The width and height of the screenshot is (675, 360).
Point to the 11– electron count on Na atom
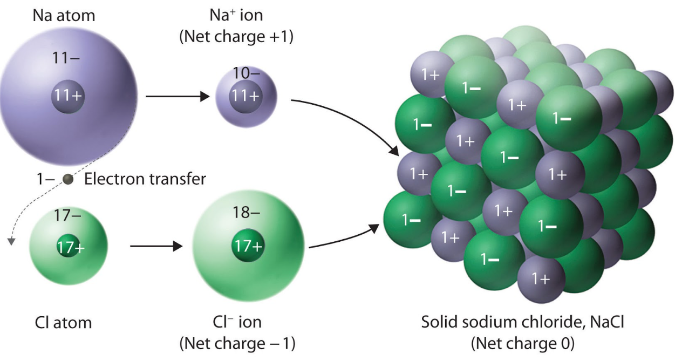click(x=67, y=57)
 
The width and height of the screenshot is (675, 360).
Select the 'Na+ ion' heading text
click(x=236, y=15)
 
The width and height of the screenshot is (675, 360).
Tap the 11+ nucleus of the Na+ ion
click(x=246, y=96)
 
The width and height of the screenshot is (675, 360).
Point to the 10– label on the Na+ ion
click(x=246, y=73)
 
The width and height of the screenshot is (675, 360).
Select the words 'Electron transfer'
click(x=145, y=179)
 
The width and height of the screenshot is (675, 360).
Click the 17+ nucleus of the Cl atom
click(x=70, y=247)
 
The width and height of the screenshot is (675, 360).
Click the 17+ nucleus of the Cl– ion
click(x=248, y=247)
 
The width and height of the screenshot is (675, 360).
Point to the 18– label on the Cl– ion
click(x=246, y=213)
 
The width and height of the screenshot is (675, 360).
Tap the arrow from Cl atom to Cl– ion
click(x=156, y=247)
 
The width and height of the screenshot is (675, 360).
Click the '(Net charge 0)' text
click(x=522, y=342)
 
